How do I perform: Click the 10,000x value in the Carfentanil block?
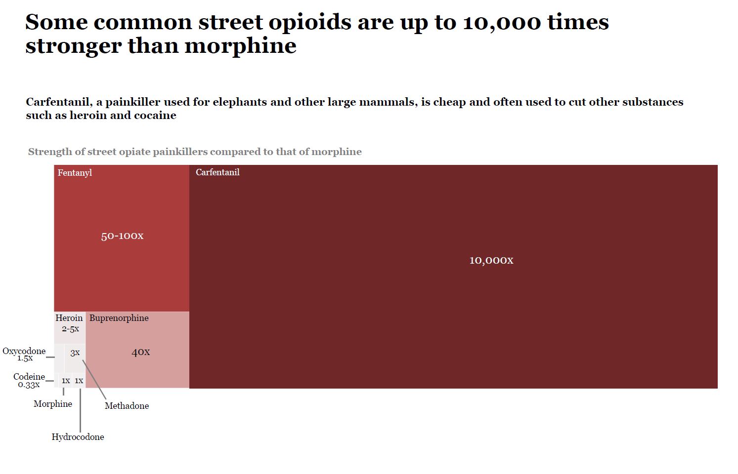coord(491,260)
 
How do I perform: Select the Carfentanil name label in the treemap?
coord(217,172)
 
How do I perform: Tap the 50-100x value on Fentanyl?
coord(122,236)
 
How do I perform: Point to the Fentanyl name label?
coord(75,173)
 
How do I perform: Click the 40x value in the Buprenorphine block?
coord(140,352)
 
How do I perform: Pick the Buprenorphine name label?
coord(119,318)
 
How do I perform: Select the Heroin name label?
coord(69,318)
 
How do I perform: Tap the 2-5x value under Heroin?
coord(70,329)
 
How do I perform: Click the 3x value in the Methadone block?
coord(75,353)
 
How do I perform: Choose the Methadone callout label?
coord(127,406)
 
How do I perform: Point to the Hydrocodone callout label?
coord(78,437)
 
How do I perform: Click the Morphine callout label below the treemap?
coord(53,404)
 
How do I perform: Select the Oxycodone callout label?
coord(24,351)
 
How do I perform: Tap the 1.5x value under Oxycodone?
coord(25,358)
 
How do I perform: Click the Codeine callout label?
coord(29,377)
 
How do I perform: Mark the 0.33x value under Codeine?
coord(29,385)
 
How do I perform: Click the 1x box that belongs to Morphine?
coord(65,381)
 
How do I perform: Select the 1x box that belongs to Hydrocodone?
coord(79,381)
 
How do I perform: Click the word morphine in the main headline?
coord(241,46)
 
